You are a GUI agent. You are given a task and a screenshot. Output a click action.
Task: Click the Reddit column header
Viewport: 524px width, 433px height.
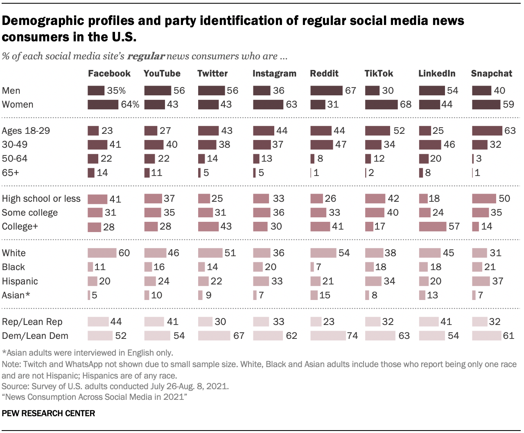click(x=324, y=74)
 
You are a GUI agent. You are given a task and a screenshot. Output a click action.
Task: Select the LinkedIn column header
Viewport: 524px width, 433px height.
click(x=436, y=74)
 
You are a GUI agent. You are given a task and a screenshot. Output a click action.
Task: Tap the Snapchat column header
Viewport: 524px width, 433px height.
click(x=491, y=74)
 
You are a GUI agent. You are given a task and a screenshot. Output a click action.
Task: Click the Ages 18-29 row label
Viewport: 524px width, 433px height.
click(x=26, y=131)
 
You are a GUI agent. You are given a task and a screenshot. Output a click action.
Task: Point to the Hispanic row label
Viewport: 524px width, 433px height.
click(x=20, y=281)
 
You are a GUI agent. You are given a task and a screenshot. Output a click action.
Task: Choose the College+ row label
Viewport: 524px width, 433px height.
click(x=20, y=226)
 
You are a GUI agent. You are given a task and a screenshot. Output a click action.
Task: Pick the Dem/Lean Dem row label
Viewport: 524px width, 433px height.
click(x=35, y=336)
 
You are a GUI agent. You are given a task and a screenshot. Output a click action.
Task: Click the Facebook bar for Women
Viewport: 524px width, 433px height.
click(x=103, y=104)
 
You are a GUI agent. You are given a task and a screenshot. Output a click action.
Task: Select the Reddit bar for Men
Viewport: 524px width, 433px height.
click(x=326, y=90)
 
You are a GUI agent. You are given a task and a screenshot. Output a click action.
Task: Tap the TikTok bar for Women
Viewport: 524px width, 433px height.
click(x=381, y=104)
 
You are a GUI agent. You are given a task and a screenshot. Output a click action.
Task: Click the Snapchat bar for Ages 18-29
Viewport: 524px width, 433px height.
click(x=487, y=131)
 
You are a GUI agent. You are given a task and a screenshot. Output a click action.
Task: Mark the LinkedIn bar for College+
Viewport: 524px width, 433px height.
click(x=432, y=226)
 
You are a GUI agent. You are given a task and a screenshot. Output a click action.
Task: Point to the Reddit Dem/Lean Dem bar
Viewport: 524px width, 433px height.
click(x=328, y=336)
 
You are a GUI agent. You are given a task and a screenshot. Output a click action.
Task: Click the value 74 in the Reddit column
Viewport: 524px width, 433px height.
click(x=352, y=336)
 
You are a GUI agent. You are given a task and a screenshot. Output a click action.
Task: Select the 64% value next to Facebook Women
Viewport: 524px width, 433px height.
click(x=130, y=104)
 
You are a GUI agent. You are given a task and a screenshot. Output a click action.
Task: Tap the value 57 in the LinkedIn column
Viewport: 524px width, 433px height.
click(x=454, y=226)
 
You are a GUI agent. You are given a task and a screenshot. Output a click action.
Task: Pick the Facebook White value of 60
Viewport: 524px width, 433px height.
click(x=124, y=253)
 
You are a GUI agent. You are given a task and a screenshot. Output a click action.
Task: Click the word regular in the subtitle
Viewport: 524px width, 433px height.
click(x=146, y=56)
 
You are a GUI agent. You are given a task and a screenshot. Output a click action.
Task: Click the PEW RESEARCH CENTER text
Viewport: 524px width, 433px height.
click(x=48, y=413)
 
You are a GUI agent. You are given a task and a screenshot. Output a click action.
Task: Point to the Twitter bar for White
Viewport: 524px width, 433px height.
click(x=210, y=253)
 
